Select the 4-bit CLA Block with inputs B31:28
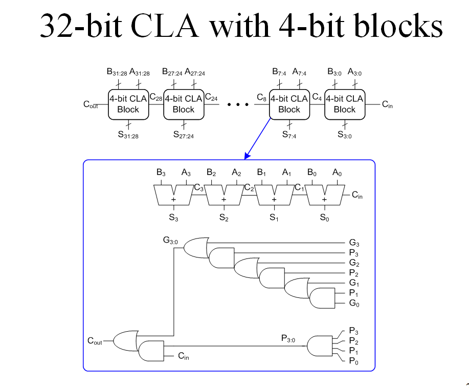128,104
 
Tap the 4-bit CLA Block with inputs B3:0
344,104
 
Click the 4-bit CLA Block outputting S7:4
289,104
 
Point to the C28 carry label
155,97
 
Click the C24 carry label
211,97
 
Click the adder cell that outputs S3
173,195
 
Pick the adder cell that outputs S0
324,195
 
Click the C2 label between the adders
249,188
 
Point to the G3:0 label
170,239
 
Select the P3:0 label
288,338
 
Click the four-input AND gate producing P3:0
319,346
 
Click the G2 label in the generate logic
354,264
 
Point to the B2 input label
211,173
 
